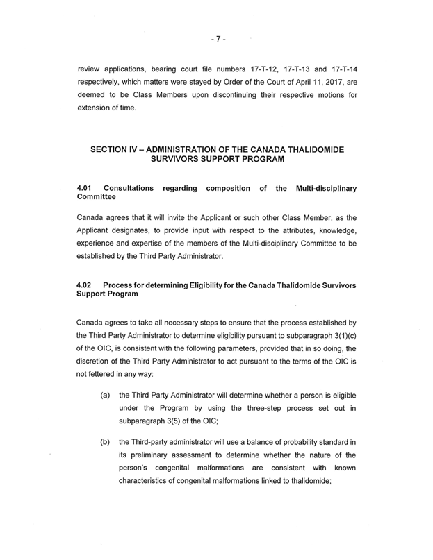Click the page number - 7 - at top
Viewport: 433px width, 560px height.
click(217, 40)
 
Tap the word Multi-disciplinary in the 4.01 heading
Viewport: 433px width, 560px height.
click(327, 188)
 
